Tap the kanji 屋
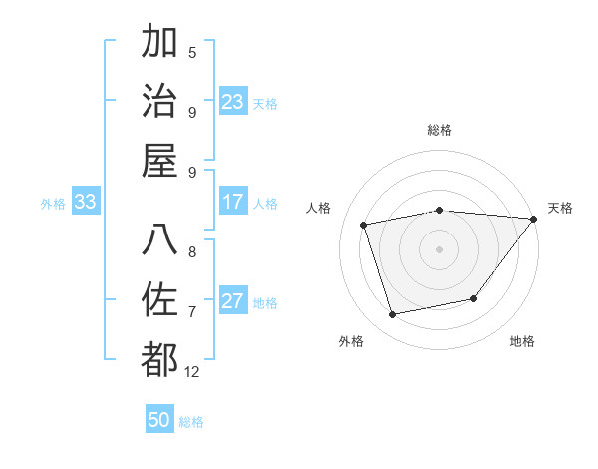pyautogui.click(x=160, y=161)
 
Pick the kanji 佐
pyautogui.click(x=160, y=300)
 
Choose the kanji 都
pyautogui.click(x=160, y=360)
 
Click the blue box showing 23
pyautogui.click(x=233, y=102)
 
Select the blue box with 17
pyautogui.click(x=233, y=203)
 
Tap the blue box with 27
pyautogui.click(x=233, y=302)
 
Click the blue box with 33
pyautogui.click(x=85, y=203)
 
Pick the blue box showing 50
pyautogui.click(x=159, y=421)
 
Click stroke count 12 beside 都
pyautogui.click(x=192, y=371)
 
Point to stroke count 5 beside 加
pyautogui.click(x=192, y=52)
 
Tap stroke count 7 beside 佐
pyautogui.click(x=192, y=311)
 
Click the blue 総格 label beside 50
pyautogui.click(x=191, y=422)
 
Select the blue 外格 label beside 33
pyautogui.click(x=53, y=204)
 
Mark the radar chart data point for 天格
pyautogui.click(x=533, y=219)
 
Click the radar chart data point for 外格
pyautogui.click(x=392, y=315)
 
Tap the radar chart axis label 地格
pyautogui.click(x=522, y=341)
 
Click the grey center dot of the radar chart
pyautogui.click(x=439, y=247)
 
